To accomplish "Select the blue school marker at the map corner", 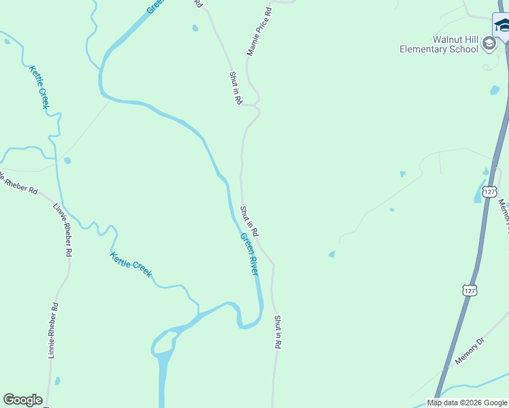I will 503,26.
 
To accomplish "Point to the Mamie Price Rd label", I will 259,31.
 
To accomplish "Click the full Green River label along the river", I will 249,254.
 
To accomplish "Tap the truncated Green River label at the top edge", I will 155,7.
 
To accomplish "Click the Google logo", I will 22,400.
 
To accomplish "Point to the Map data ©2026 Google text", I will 467,403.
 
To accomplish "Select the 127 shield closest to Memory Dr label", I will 469,290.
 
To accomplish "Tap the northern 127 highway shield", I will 489,192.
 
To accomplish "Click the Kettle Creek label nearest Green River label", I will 131,264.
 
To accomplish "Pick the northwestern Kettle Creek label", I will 39,86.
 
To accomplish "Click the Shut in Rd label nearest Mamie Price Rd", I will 235,88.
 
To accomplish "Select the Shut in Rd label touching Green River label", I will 249,221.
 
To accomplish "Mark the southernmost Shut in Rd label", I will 278,332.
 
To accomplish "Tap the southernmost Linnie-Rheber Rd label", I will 53,330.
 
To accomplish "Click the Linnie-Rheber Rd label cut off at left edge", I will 18,184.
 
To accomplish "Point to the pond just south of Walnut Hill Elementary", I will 495,90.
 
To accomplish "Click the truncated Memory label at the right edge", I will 504,216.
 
